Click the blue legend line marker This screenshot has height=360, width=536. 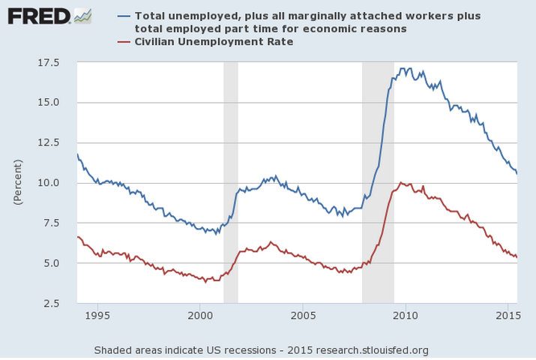point(124,16)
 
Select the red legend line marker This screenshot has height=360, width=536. point(124,41)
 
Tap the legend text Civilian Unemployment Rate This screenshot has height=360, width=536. point(214,41)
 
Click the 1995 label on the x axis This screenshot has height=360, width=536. point(97,316)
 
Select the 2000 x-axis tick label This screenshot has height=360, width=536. point(200,316)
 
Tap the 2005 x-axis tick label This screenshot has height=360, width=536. point(303,316)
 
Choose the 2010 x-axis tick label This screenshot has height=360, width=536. point(406,316)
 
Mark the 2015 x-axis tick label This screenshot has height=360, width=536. point(508,316)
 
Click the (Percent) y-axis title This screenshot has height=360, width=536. point(17,182)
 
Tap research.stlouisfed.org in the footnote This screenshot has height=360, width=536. point(376,349)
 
